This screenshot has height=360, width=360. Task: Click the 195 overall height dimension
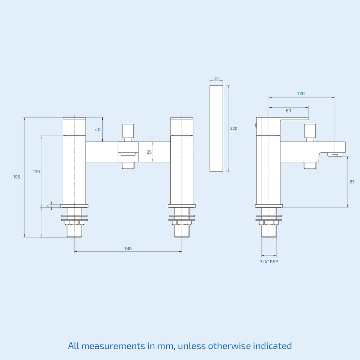pyautogui.click(x=17, y=177)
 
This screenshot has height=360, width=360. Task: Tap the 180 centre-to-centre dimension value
pyautogui.click(x=128, y=249)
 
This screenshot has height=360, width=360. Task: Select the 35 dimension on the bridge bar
pyautogui.click(x=149, y=152)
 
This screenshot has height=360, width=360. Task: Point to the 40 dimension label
pyautogui.click(x=98, y=130)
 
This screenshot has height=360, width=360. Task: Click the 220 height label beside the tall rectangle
pyautogui.click(x=234, y=129)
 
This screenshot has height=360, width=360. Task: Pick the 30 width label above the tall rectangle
pyautogui.click(x=216, y=78)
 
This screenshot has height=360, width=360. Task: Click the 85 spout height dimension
pyautogui.click(x=352, y=182)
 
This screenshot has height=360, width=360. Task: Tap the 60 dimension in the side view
pyautogui.click(x=289, y=111)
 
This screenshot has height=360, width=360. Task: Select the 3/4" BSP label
pyautogui.click(x=269, y=262)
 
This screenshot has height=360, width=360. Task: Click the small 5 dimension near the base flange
pyautogui.click(x=48, y=206)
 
